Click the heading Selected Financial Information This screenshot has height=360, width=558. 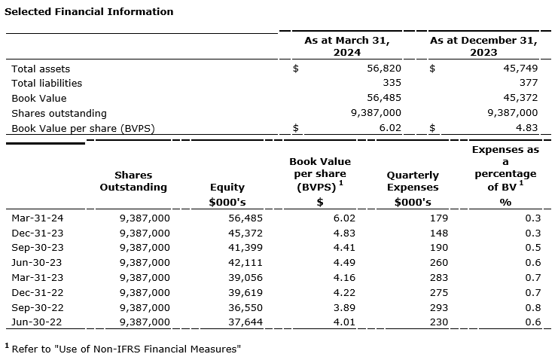click(89, 12)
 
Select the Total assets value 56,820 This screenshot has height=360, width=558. click(384, 69)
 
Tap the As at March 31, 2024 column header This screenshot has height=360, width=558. click(347, 46)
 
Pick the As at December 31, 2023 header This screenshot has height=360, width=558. click(484, 46)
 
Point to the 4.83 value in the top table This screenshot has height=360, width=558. click(526, 128)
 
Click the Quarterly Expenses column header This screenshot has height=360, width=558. click(413, 181)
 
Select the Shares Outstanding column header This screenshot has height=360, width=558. click(133, 181)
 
